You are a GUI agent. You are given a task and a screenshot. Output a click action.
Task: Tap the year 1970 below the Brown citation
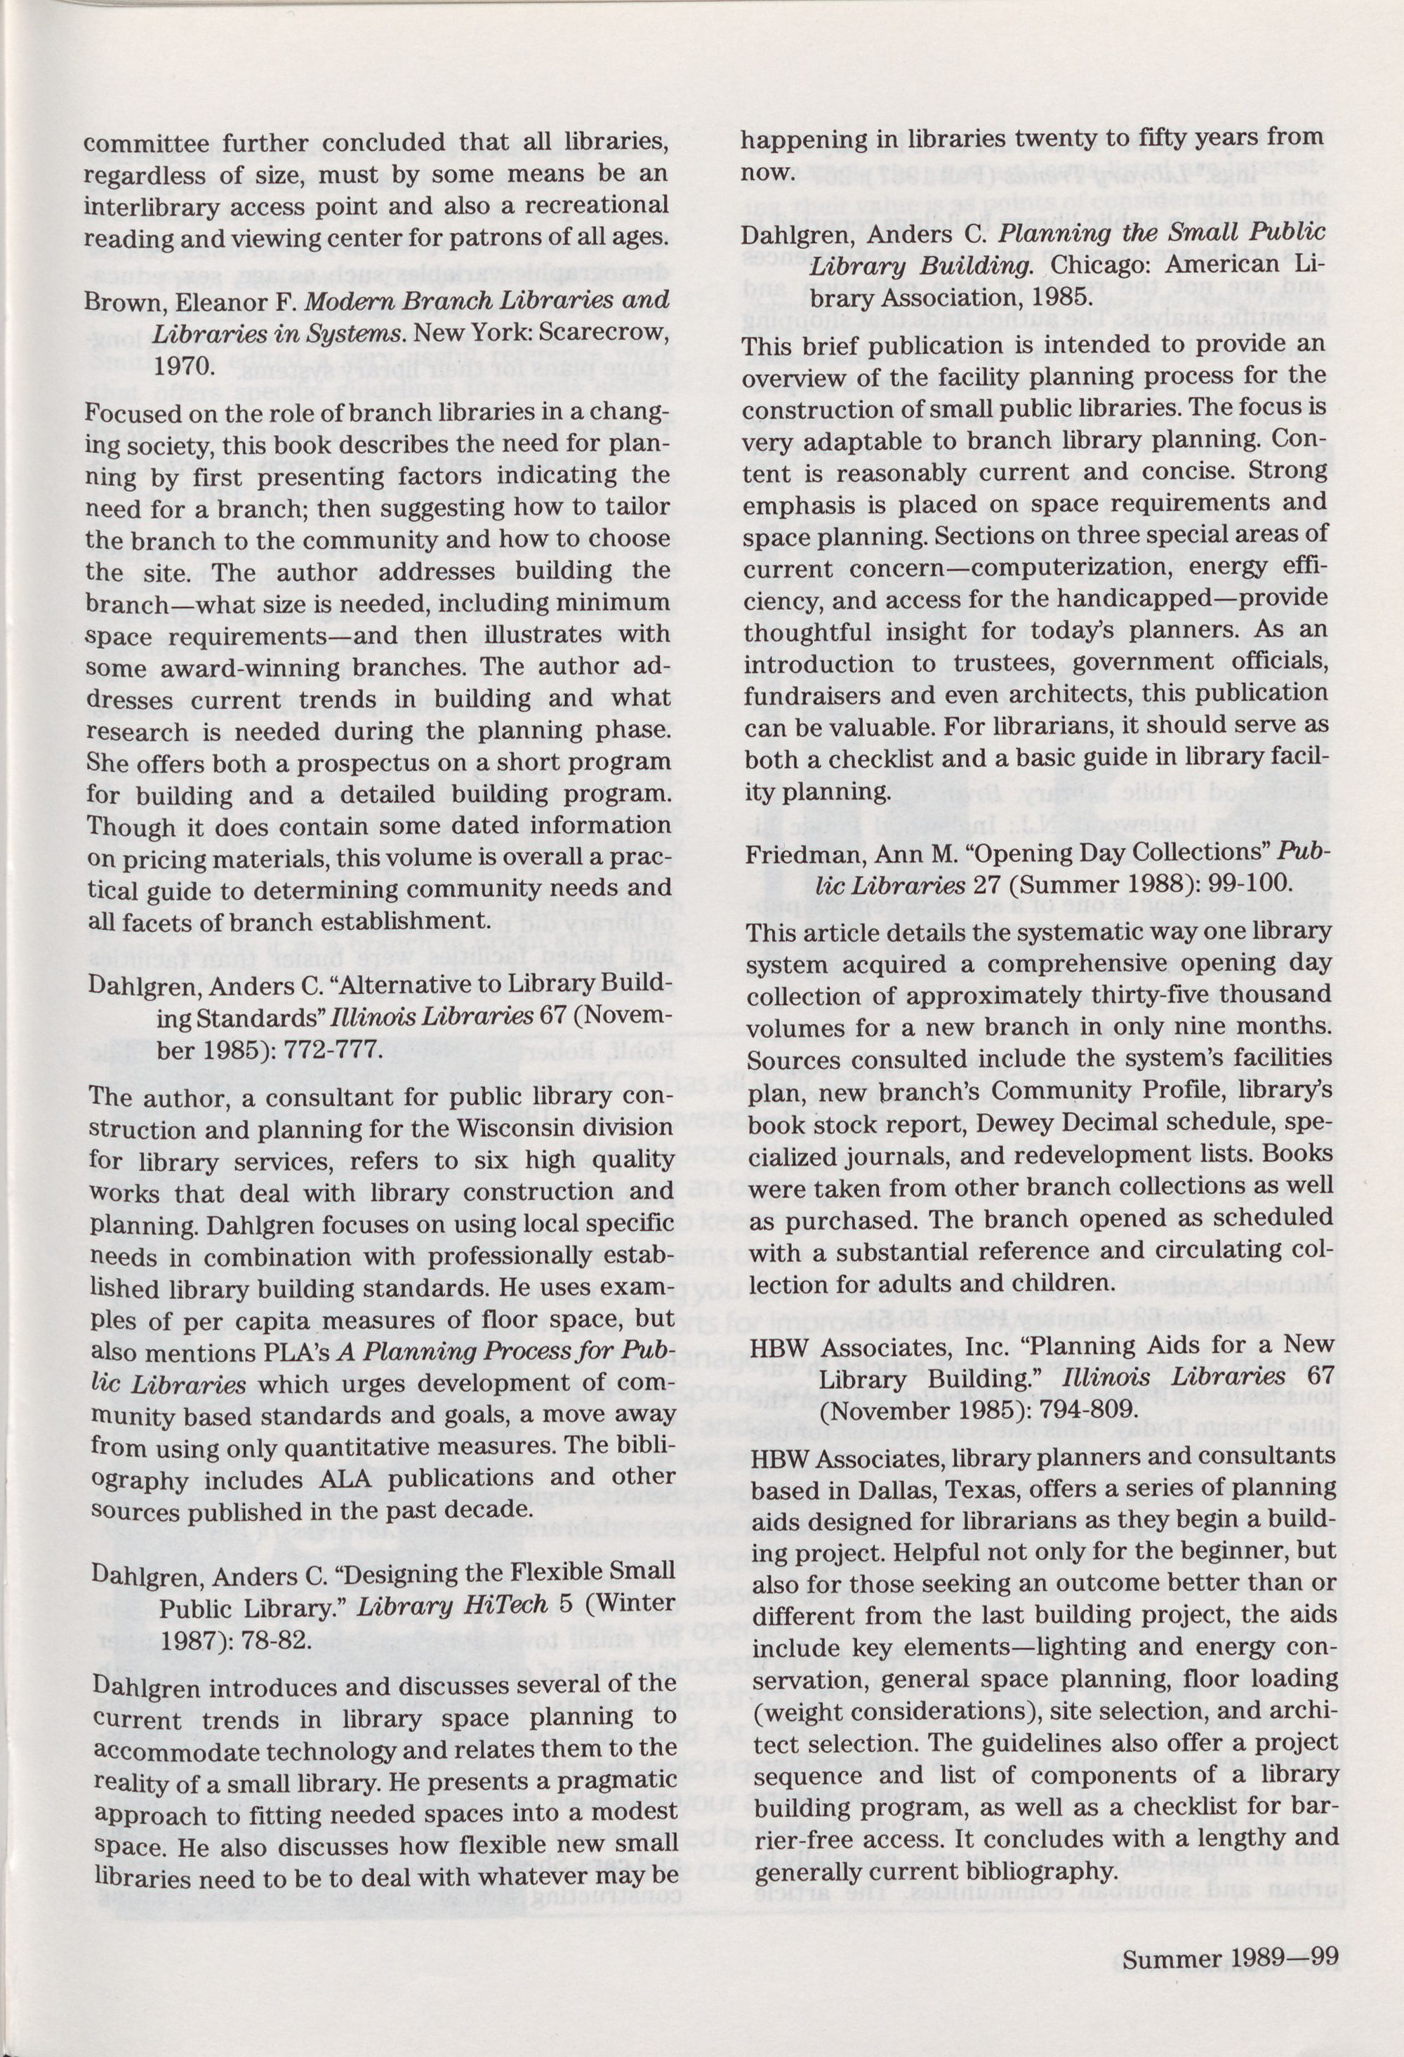pyautogui.click(x=182, y=366)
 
